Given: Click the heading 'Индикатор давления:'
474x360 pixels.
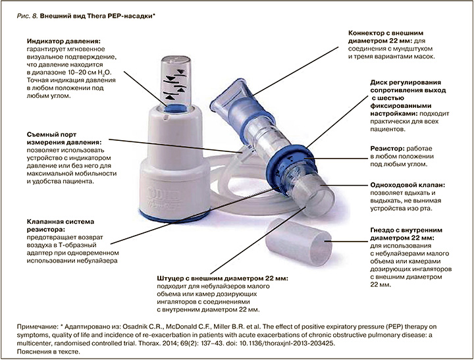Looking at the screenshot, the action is tap(63, 41).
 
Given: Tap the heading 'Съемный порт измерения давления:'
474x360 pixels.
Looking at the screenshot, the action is tap(63, 138).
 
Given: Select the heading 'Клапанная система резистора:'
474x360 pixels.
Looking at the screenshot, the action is tap(61, 226).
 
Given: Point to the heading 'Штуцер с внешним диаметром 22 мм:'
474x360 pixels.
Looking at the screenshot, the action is tap(223, 278).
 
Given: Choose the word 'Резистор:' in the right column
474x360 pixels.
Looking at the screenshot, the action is tap(387, 149).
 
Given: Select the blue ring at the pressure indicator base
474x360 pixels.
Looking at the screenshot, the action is tap(176, 108).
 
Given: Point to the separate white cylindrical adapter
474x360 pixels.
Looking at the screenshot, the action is tap(298, 242).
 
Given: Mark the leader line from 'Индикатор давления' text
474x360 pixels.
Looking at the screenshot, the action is tap(145, 89).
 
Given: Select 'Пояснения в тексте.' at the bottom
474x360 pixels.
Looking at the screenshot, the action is tap(49, 352).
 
